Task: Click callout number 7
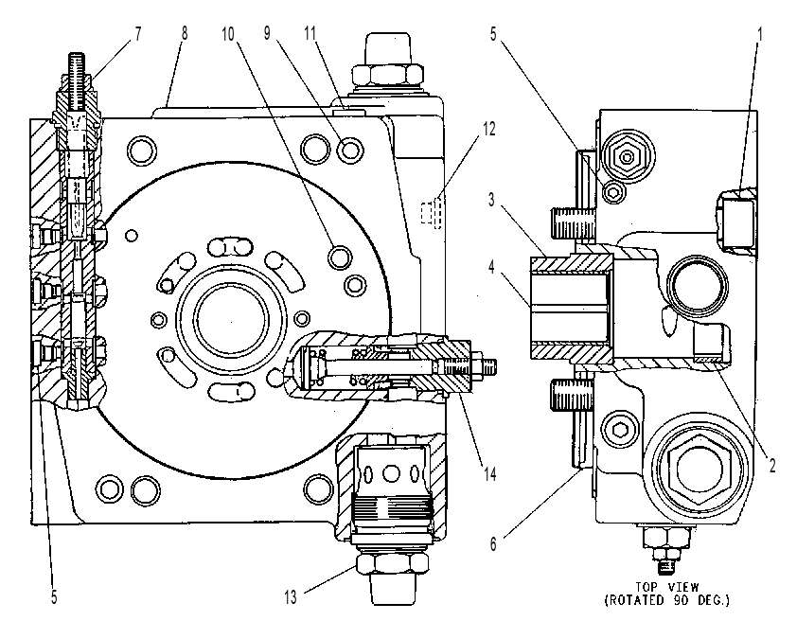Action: point(138,34)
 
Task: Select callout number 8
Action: point(184,33)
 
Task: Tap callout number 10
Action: point(228,34)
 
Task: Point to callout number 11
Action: point(310,33)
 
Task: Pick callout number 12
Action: point(488,129)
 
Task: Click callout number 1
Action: point(760,34)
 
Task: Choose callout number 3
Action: point(491,200)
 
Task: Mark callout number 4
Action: point(491,267)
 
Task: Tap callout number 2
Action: point(772,465)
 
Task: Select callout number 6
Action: point(493,543)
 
